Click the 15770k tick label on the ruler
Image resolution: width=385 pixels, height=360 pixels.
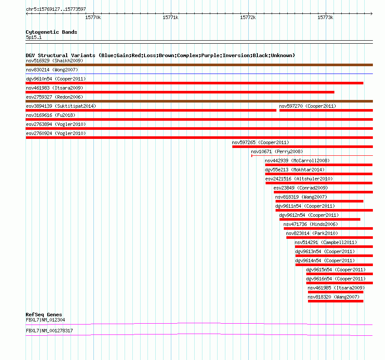93,17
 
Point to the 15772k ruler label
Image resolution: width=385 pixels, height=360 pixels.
248,17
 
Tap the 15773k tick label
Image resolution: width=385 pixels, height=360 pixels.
325,17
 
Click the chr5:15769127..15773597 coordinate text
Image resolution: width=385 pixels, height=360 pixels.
56,10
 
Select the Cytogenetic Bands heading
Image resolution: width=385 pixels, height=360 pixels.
51,32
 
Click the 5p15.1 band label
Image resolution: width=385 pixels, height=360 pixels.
34,37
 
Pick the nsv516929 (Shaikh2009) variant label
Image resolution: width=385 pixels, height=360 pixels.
55,61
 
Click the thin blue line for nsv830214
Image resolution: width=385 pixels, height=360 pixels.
199,74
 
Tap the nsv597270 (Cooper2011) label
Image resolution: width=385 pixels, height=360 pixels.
308,106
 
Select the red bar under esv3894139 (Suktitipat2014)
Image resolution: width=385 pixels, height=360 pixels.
151,110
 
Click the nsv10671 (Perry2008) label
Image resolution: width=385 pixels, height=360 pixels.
277,151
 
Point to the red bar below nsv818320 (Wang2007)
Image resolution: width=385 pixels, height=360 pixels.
336,301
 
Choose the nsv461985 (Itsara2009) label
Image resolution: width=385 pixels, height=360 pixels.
336,288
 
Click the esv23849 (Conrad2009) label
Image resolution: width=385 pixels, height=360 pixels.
301,188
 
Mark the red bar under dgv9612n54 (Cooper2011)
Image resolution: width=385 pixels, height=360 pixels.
320,219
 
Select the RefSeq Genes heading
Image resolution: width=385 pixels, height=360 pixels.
44,315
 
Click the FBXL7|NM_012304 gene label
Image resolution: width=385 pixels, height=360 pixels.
45,320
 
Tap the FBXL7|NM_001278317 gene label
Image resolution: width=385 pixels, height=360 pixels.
49,331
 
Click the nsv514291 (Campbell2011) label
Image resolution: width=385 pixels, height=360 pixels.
326,242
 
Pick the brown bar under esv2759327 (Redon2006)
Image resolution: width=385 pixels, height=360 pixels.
199,101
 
